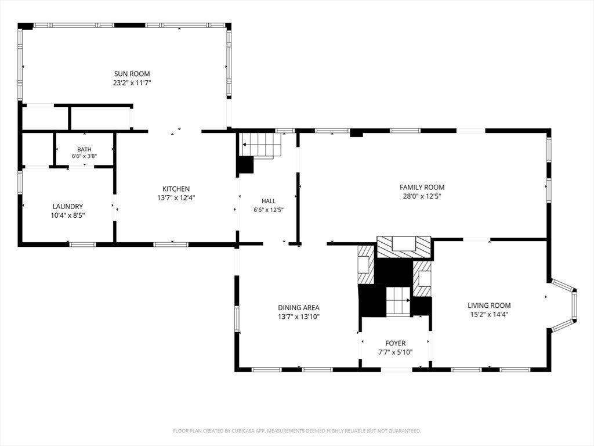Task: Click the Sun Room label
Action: pos(132,74)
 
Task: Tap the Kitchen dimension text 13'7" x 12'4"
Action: pos(176,198)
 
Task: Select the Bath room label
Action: pos(84,149)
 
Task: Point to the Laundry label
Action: pos(67,207)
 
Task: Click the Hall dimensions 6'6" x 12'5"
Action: pos(269,210)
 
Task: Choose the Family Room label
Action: pos(422,188)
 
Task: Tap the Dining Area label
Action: pos(299,308)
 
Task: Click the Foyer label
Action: pos(396,344)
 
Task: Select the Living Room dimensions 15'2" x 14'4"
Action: pos(489,314)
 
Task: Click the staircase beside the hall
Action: pos(262,145)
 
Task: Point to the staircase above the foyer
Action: pos(398,301)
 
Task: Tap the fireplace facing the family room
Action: pos(404,247)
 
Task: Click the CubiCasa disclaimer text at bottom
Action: pos(296,431)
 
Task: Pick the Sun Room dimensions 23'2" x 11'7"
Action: pos(132,83)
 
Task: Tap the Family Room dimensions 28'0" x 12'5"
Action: pos(422,196)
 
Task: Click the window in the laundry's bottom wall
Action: pos(83,244)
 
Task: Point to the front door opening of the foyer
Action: pos(397,369)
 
